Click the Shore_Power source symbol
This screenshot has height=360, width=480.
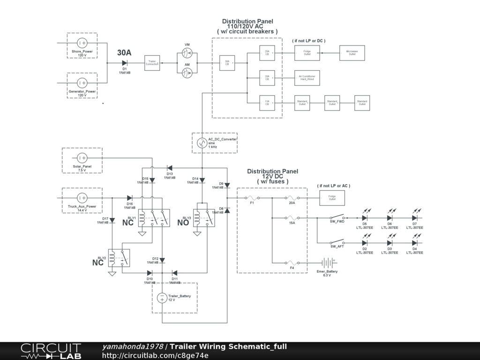coord(82,43)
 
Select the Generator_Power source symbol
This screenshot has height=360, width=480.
coord(82,83)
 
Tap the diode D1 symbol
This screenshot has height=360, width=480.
coord(125,63)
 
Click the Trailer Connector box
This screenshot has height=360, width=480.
coord(152,63)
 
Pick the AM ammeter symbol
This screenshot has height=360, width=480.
coord(187,73)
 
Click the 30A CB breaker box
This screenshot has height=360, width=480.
coord(227,63)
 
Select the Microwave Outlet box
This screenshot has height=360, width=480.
coord(352,53)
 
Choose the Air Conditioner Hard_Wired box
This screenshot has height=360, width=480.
coord(307,78)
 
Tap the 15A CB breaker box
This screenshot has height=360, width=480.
coord(267,103)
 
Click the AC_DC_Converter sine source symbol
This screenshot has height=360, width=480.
coord(201,142)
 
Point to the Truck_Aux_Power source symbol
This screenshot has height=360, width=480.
coord(82,197)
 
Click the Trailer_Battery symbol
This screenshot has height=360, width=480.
coord(162,298)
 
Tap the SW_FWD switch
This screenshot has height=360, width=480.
coord(337,217)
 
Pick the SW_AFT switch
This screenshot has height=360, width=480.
coord(337,242)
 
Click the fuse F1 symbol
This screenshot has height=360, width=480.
coord(252,197)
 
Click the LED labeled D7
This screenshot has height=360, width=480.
coord(415,217)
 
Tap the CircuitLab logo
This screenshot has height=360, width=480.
coord(51,351)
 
